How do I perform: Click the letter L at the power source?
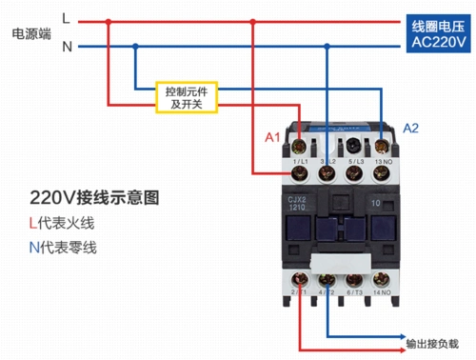click(x=65, y=18)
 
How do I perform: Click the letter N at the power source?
click(x=66, y=45)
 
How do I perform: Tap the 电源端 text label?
click(x=30, y=32)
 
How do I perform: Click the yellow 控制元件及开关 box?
click(x=188, y=96)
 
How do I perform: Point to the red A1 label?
click(x=272, y=138)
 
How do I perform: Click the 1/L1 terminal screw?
click(x=302, y=146)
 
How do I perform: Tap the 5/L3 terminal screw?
click(x=355, y=146)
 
